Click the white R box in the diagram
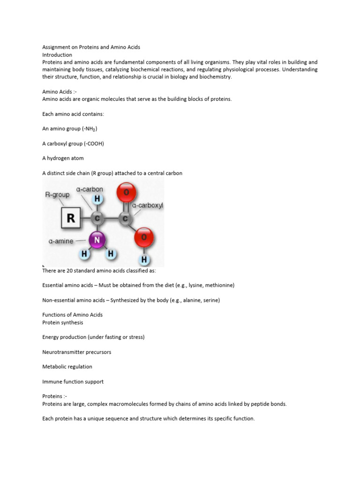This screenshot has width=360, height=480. pyautogui.click(x=71, y=218)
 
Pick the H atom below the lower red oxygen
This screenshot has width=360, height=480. pyautogui.click(x=144, y=259)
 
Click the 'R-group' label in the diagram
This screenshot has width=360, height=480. pyautogui.click(x=58, y=194)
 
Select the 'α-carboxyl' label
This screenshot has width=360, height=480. pyautogui.click(x=147, y=205)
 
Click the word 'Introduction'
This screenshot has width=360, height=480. pyautogui.click(x=57, y=55)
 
